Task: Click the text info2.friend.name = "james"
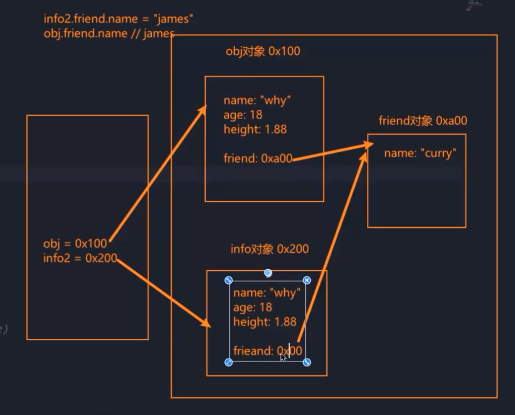pos(119,19)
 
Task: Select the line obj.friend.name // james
pos(109,34)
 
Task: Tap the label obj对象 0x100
pos(263,51)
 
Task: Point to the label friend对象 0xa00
pos(422,120)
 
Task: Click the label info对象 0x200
pos(269,249)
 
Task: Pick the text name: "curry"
pos(420,153)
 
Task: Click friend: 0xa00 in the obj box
pos(257,158)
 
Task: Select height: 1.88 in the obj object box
pos(255,129)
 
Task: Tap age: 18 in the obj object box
pos(243,115)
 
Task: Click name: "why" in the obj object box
pos(257,100)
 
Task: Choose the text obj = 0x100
pos(75,244)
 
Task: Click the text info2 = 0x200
pos(80,259)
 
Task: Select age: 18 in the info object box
pos(253,307)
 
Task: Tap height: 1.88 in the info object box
pos(265,322)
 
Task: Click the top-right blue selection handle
pos(307,280)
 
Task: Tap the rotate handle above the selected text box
pos(268,273)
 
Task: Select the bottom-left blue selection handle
pos(229,362)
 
